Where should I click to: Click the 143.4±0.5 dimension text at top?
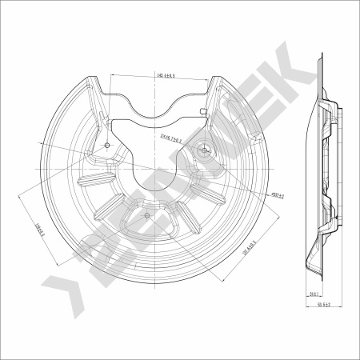[166, 76]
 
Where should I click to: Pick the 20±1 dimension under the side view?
[313, 294]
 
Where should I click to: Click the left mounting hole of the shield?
[107, 145]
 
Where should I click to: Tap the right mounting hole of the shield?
[206, 149]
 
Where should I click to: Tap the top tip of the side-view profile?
[322, 58]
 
